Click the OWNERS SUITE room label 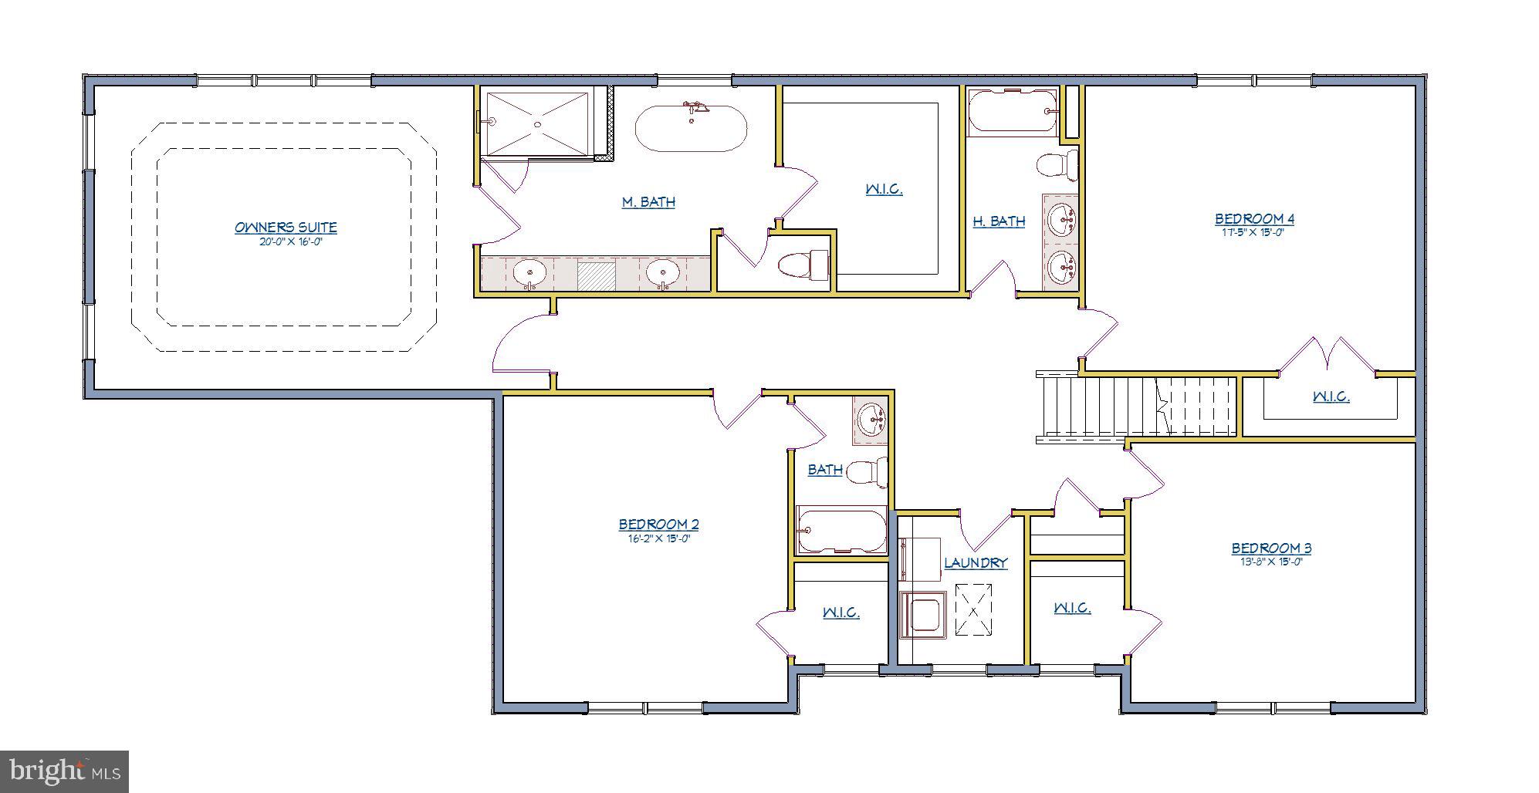[286, 228]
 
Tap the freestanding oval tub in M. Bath [691, 129]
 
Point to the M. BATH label [648, 202]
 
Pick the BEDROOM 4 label [1254, 219]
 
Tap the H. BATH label [999, 221]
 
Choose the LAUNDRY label [976, 563]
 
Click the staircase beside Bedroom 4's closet [1135, 407]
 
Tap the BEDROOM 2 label [658, 525]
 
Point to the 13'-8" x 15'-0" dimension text [1270, 562]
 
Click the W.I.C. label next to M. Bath [884, 189]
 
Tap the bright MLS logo [64, 771]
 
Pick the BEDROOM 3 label [1270, 548]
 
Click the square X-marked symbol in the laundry [974, 609]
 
